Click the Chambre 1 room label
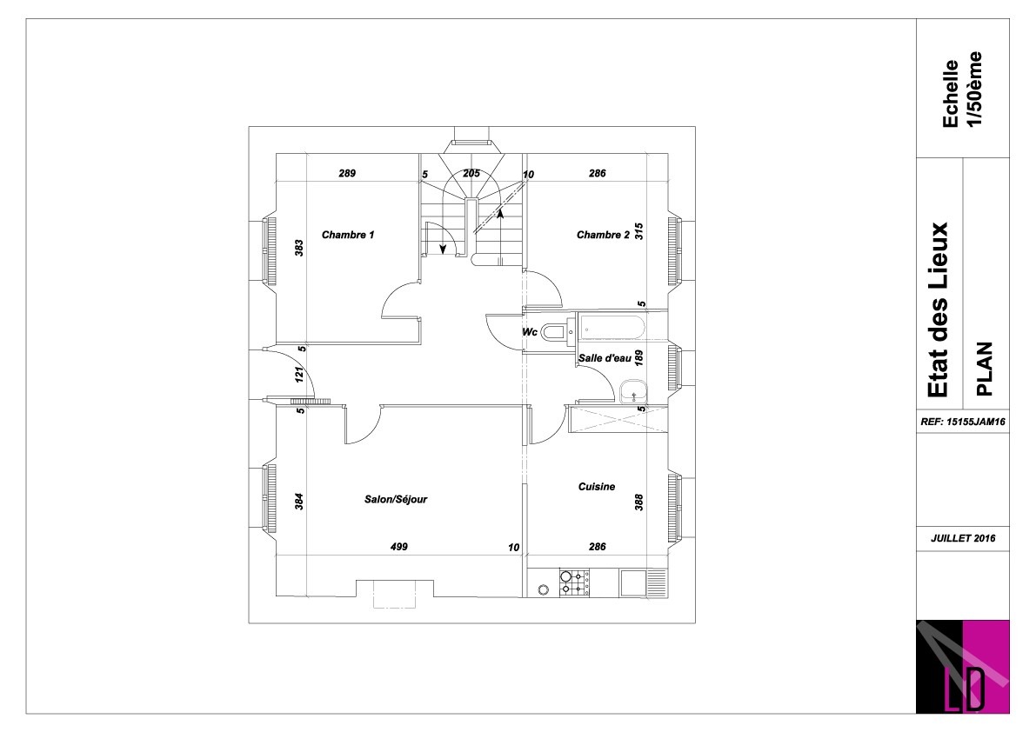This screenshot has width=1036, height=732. click(348, 235)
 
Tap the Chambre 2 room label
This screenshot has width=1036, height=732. click(603, 235)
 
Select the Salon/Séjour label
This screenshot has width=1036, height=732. click(396, 500)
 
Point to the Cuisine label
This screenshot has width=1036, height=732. click(597, 487)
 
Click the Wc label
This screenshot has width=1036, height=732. click(530, 332)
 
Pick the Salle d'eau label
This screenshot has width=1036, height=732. click(605, 358)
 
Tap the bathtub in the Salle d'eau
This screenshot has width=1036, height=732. click(612, 327)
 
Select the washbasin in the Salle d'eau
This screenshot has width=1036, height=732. click(633, 391)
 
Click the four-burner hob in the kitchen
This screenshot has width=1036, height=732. click(574, 582)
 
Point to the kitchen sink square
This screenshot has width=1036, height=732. click(634, 582)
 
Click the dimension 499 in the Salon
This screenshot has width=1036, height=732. click(399, 547)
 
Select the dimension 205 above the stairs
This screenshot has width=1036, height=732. click(471, 174)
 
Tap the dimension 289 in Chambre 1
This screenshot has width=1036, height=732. click(347, 174)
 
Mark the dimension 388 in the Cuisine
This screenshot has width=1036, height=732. click(639, 502)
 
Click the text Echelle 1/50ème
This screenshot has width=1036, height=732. click(961, 90)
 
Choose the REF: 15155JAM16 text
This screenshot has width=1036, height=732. click(963, 421)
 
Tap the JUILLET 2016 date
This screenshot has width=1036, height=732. click(963, 538)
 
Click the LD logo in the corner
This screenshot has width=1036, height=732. click(963, 667)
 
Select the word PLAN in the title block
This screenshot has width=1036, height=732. click(985, 369)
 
